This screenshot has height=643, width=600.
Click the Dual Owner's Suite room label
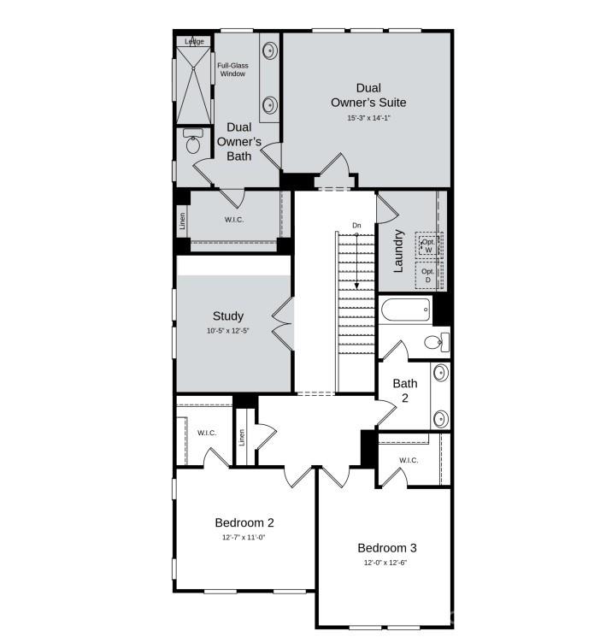368,95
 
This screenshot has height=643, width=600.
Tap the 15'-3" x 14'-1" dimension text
368,118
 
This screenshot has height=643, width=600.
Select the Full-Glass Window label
232,69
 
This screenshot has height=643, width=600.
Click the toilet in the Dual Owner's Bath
192,143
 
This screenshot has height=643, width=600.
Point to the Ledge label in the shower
195,40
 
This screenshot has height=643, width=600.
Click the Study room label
228,316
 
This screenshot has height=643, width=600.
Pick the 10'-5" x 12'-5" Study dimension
228,331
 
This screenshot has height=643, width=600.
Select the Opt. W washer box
428,246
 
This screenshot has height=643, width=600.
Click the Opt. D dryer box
428,276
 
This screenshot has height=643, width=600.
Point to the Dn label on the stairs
357,226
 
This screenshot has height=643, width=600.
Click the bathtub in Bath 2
407,310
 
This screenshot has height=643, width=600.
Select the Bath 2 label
405,391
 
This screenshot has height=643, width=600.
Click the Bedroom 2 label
244,522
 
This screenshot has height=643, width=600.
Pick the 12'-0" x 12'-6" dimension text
387,563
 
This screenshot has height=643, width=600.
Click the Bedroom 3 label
387,547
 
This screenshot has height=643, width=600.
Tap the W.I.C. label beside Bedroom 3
409,460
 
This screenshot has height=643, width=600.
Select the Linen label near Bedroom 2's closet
243,437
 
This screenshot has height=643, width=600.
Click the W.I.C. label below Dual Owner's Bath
235,220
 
